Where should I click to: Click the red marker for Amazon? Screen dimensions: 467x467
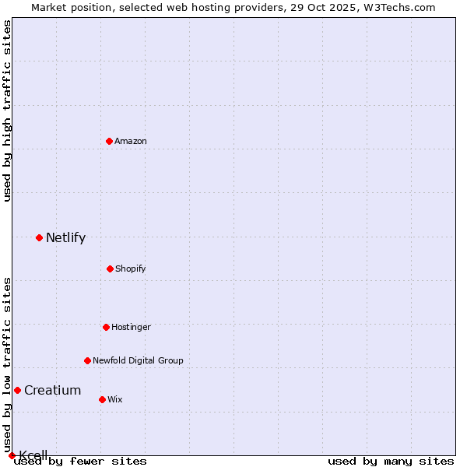[109, 141]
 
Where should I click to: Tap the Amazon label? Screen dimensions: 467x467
[131, 141]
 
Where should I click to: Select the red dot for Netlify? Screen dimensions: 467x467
[39, 237]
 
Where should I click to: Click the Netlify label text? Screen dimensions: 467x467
[65, 238]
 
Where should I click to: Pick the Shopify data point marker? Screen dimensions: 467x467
[110, 269]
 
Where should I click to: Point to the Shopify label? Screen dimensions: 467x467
[131, 269]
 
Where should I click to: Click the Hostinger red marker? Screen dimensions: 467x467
[106, 327]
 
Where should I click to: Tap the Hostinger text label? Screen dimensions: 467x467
[131, 327]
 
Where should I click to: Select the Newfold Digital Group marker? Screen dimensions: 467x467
[87, 360]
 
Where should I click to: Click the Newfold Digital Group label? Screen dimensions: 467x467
[138, 360]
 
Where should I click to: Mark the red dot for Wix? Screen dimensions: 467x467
[102, 399]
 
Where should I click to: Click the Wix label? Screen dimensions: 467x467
[115, 399]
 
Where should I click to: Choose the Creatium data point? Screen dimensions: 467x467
[17, 390]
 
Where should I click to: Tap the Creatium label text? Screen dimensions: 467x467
[52, 391]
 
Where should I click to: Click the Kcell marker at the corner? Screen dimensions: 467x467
[12, 455]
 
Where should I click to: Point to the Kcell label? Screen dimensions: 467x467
[33, 455]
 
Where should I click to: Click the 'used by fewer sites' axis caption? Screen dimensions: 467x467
[81, 462]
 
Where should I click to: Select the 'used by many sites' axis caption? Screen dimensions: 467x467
[391, 462]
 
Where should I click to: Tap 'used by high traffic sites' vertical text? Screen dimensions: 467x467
[7, 111]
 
